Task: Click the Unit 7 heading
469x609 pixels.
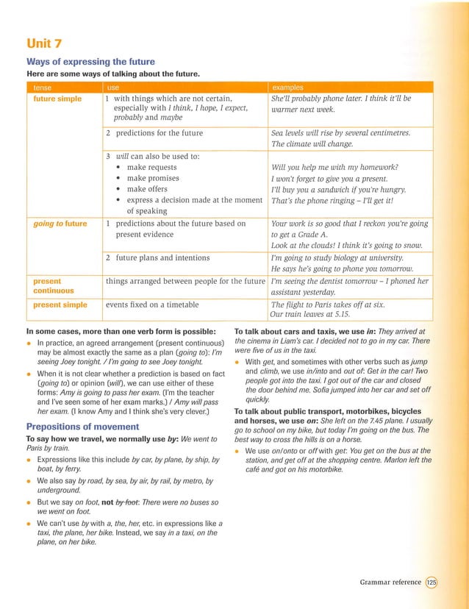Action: [x=46, y=45]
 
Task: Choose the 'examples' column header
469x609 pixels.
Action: [x=288, y=88]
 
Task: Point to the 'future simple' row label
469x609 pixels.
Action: [x=57, y=98]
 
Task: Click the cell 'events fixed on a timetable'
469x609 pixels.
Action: [x=152, y=304]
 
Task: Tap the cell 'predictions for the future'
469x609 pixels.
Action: [x=157, y=132]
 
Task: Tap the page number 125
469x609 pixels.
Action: [x=432, y=582]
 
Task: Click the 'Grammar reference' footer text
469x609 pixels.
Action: [x=390, y=582]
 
